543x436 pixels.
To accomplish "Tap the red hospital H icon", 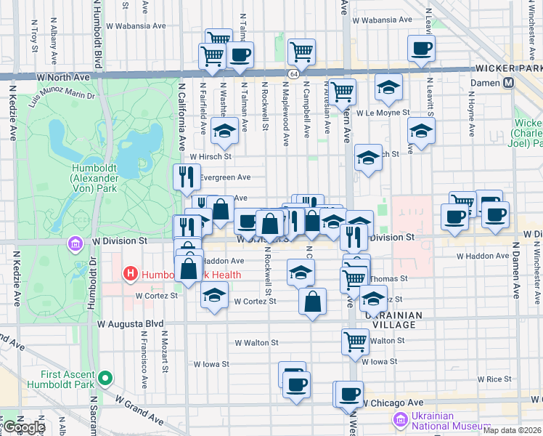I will pos(130,274).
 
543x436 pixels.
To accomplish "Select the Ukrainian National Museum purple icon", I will pos(400,419).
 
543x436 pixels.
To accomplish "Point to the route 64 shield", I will pos(293,73).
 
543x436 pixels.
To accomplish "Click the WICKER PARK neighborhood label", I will pos(508,68).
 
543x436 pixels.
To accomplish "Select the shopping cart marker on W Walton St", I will pos(355,340).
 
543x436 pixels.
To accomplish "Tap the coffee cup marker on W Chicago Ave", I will pos(350,393).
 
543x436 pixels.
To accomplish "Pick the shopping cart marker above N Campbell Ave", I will pos(301,51).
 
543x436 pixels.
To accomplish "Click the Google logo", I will pos(24,427).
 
